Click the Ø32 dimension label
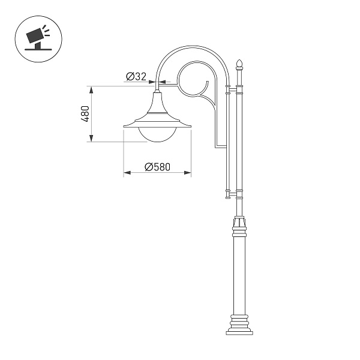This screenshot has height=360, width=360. click(x=137, y=76)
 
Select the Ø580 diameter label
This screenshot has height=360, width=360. click(x=158, y=167)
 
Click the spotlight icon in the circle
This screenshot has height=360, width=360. click(x=36, y=37)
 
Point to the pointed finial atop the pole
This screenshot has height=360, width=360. click(x=240, y=64)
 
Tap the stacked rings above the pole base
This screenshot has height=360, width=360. click(x=240, y=318)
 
